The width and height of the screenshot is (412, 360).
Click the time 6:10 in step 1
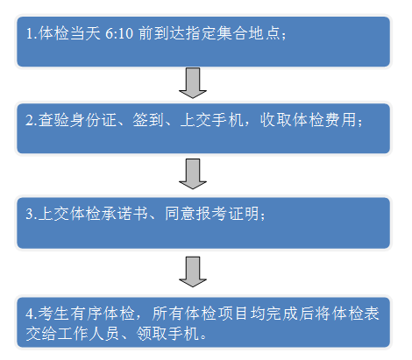point(119,33)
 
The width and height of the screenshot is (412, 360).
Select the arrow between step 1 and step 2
point(193,83)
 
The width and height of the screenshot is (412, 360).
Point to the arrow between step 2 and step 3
point(193,174)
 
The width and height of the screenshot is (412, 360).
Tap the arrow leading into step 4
point(193,272)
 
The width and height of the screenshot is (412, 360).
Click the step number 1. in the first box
point(32,33)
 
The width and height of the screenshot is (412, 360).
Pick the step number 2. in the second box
point(32,120)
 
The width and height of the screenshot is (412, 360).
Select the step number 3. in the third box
point(32,214)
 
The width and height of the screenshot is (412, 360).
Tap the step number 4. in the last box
point(32,314)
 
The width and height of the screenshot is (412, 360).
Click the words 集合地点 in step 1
point(249,33)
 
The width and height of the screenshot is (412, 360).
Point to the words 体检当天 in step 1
point(69,33)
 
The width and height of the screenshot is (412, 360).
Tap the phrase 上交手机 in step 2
point(211,120)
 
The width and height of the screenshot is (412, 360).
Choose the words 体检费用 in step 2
point(324,120)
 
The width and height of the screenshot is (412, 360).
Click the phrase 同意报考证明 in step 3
point(212,214)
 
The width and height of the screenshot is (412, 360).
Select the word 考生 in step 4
point(53,314)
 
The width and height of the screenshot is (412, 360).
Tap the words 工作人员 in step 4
point(89,334)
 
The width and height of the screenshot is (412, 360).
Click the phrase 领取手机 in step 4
point(167,334)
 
